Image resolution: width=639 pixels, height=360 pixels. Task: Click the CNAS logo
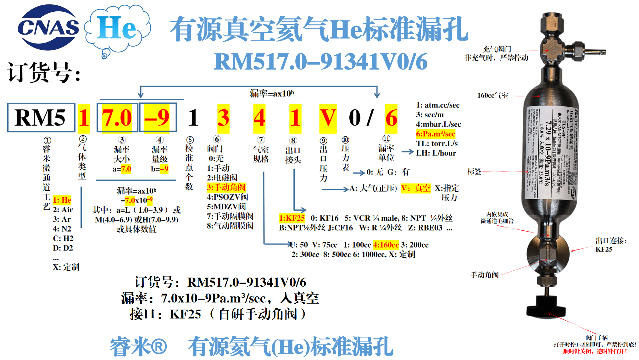click(48, 27)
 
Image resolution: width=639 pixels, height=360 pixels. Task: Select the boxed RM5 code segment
click(41, 117)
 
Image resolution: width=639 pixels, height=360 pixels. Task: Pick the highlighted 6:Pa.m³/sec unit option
click(436, 134)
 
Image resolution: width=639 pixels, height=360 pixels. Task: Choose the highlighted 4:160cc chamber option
click(386, 245)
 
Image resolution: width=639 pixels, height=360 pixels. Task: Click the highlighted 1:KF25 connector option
click(292, 218)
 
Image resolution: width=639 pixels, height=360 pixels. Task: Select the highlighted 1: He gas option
click(62, 200)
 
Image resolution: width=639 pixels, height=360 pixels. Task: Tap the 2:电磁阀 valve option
click(222, 177)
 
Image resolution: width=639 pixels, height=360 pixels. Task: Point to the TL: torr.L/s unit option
click(437, 143)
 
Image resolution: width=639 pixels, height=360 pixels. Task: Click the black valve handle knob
click(546, 310)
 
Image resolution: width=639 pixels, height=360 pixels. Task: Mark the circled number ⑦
click(261, 139)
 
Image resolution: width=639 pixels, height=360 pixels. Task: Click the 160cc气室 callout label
click(492, 95)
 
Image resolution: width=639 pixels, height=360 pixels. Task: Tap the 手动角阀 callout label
click(485, 275)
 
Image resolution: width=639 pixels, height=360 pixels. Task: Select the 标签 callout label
click(474, 172)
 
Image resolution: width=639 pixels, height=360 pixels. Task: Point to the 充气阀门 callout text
click(497, 49)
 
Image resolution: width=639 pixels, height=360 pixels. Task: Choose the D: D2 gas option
click(63, 248)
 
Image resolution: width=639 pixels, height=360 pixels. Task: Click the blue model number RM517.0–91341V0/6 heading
click(320, 61)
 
